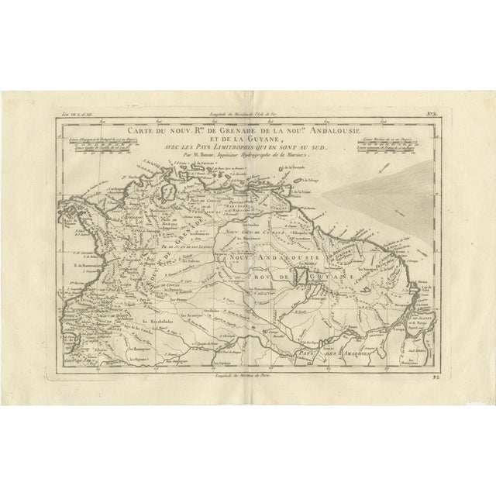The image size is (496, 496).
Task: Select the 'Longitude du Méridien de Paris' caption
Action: click(x=248, y=374)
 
